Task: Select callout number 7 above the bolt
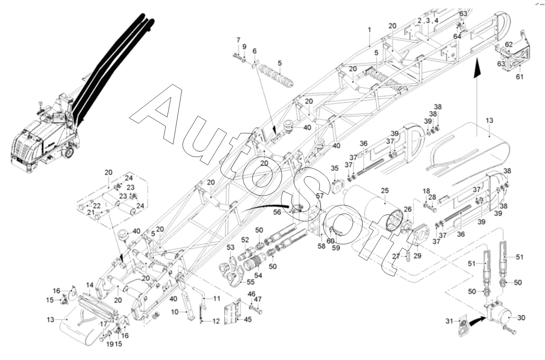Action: pos(238,40)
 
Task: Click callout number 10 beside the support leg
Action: pos(175,312)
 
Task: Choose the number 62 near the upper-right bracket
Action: pos(508,44)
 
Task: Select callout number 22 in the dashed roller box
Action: pos(97,205)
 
